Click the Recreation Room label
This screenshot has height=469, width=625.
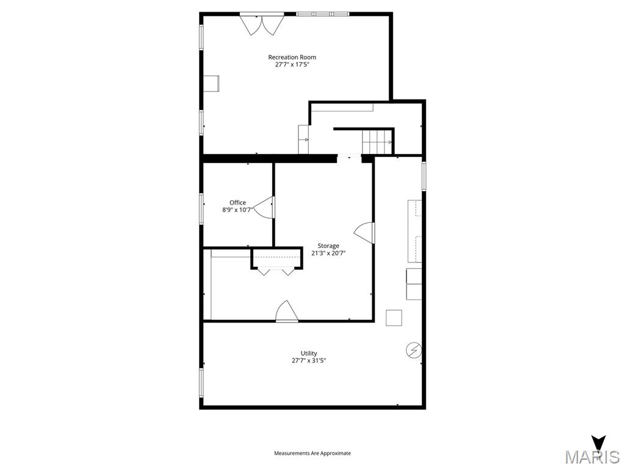[292, 57]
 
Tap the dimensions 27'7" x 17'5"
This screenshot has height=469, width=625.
[292, 65]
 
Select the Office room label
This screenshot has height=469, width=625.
[237, 203]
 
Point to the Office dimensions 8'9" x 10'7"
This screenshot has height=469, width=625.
[237, 210]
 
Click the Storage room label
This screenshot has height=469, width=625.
[328, 246]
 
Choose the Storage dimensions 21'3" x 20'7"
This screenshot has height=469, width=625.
[328, 253]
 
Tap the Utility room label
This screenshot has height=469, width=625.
[309, 354]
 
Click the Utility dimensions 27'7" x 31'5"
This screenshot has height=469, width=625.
[309, 361]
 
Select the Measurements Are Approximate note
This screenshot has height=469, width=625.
[312, 453]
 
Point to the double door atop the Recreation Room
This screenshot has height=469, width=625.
[261, 24]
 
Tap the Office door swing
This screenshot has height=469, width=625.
[265, 208]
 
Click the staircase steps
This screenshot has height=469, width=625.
[377, 142]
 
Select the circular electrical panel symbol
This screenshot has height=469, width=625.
[414, 350]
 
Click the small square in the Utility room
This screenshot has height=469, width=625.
[394, 318]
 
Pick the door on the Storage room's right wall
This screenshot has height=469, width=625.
[365, 233]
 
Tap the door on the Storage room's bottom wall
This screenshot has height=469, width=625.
[286, 311]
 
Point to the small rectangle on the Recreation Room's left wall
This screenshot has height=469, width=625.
[211, 83]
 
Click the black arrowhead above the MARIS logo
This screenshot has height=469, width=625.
[599, 442]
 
